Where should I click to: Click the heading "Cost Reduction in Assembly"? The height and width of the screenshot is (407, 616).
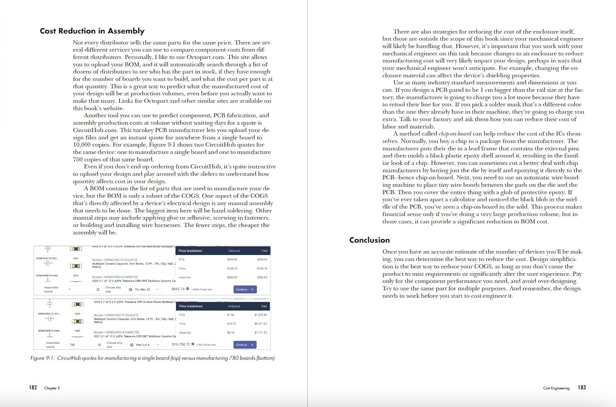pyautogui.click(x=92, y=31)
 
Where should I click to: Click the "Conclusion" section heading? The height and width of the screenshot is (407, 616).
pyautogui.click(x=369, y=240)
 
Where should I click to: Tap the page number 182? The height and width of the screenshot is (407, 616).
pyautogui.click(x=33, y=388)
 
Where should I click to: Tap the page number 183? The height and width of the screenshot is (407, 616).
pyautogui.click(x=582, y=388)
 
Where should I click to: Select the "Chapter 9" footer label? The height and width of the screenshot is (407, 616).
pyautogui.click(x=52, y=388)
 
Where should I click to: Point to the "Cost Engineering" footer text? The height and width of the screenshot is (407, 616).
pyautogui.click(x=556, y=388)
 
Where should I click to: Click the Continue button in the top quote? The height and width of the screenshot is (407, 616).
pyautogui.click(x=245, y=290)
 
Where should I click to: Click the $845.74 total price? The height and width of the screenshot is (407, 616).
pyautogui.click(x=178, y=289)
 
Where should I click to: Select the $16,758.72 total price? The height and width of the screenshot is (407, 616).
pyautogui.click(x=181, y=345)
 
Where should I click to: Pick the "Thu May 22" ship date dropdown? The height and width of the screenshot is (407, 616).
pyautogui.click(x=144, y=290)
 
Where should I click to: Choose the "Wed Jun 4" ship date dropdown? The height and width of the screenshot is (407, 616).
pyautogui.click(x=144, y=345)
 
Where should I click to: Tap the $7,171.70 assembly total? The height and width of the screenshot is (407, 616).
pyautogui.click(x=260, y=333)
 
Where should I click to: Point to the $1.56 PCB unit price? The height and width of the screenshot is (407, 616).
pyautogui.click(x=230, y=315)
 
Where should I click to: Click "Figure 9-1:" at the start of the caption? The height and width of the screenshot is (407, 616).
pyautogui.click(x=43, y=358)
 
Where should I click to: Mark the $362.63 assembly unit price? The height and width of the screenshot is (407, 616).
pyautogui.click(x=232, y=277)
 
